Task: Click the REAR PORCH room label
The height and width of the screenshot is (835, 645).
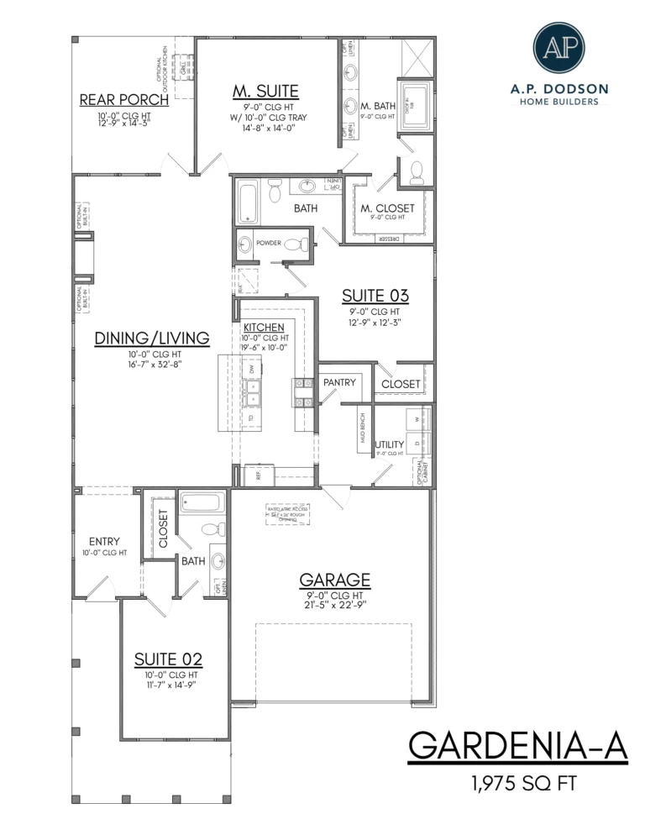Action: pyautogui.click(x=124, y=100)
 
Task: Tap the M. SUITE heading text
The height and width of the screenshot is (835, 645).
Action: pyautogui.click(x=265, y=91)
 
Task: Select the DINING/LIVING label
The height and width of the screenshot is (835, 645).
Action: pyautogui.click(x=151, y=339)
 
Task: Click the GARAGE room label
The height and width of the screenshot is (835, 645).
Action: pyautogui.click(x=335, y=580)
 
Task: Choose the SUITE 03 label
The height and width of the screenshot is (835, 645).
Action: pyautogui.click(x=375, y=296)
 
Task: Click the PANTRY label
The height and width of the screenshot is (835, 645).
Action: pyautogui.click(x=340, y=382)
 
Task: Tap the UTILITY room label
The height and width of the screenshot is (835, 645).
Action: pyautogui.click(x=390, y=444)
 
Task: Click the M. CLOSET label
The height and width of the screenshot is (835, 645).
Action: pyautogui.click(x=387, y=207)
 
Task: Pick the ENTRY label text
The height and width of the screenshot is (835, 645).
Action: pyautogui.click(x=104, y=542)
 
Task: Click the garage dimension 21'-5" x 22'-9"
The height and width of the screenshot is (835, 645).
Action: pyautogui.click(x=335, y=604)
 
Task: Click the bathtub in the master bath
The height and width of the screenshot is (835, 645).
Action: pyautogui.click(x=413, y=105)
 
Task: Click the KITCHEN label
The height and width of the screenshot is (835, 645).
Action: pyautogui.click(x=264, y=327)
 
